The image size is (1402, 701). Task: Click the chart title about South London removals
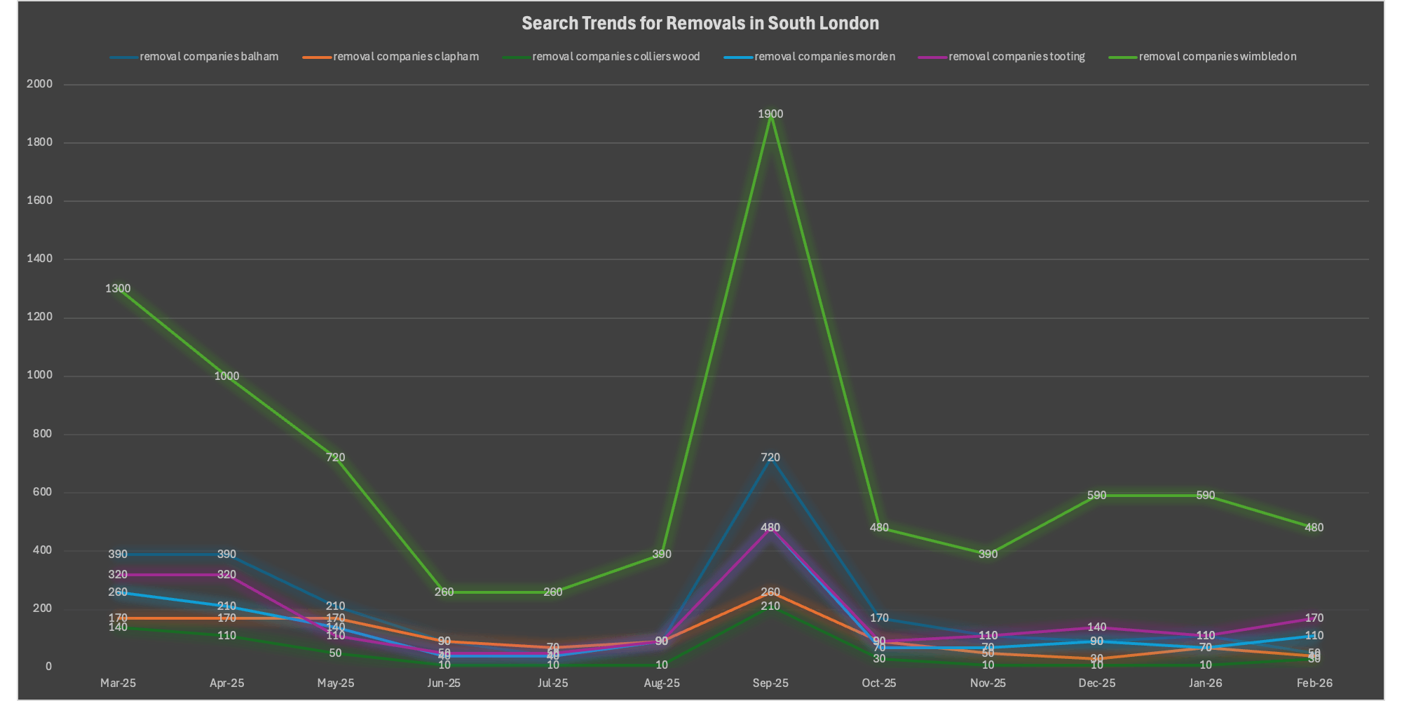(700, 23)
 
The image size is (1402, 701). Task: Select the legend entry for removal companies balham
(209, 57)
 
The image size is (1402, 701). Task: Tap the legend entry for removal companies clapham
(406, 57)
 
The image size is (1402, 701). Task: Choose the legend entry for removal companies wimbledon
(1218, 57)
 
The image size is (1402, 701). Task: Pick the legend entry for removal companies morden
(824, 57)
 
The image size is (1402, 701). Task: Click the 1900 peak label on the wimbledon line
(770, 114)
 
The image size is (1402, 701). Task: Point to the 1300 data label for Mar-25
(118, 288)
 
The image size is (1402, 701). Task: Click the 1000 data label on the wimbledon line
(226, 376)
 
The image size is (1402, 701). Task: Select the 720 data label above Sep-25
(770, 457)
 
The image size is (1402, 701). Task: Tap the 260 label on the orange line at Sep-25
(770, 592)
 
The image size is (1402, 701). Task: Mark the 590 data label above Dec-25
(1096, 495)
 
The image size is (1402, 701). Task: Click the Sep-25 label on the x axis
(770, 683)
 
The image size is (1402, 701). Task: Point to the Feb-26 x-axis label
(1314, 683)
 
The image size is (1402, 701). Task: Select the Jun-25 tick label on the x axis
(444, 683)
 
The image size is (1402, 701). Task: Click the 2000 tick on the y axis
(39, 84)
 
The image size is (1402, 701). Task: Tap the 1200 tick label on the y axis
(39, 317)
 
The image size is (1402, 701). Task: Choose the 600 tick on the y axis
(42, 492)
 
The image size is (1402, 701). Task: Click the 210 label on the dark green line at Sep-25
(770, 606)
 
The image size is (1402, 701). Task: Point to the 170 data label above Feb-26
(1314, 618)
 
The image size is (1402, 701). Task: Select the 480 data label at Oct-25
(879, 527)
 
